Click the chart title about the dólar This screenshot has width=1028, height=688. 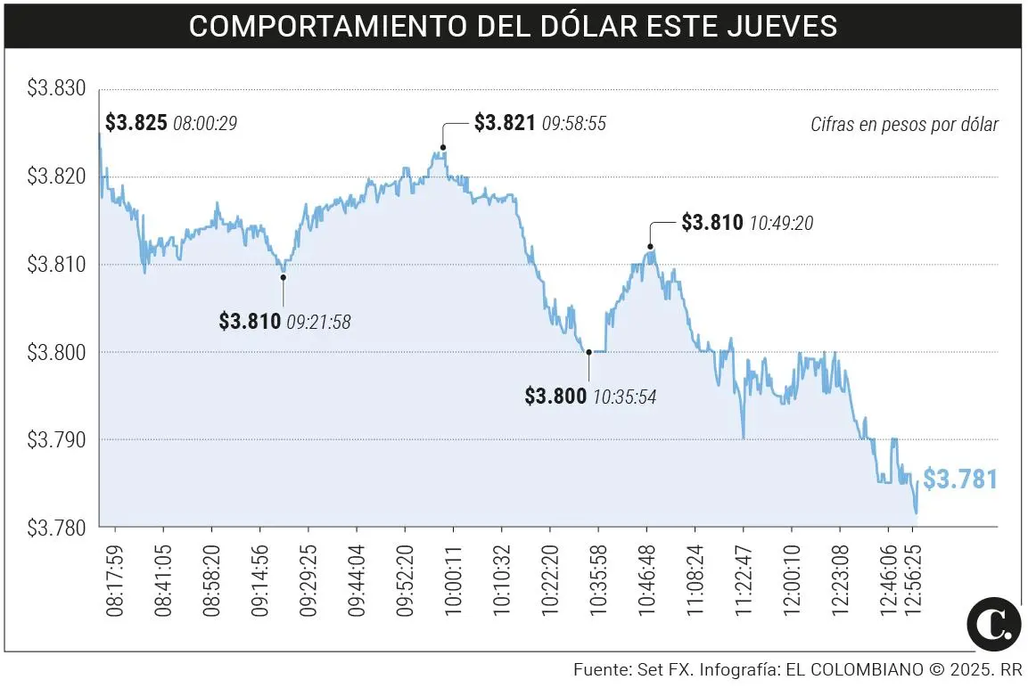pyautogui.click(x=513, y=25)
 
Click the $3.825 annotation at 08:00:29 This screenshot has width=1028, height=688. pyautogui.click(x=136, y=123)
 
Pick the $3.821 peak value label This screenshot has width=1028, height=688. pyautogui.click(x=505, y=123)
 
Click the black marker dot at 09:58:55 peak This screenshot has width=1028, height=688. pyautogui.click(x=443, y=147)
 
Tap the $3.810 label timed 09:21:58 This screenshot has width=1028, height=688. pyautogui.click(x=250, y=321)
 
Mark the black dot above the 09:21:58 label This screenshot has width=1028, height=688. pyautogui.click(x=284, y=277)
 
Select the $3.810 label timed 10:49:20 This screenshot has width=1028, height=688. pyautogui.click(x=711, y=223)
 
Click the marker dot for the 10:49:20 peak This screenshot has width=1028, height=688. pyautogui.click(x=650, y=246)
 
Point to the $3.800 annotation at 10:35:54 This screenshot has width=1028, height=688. pyautogui.click(x=555, y=396)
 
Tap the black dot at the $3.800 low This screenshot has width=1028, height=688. pyautogui.click(x=588, y=352)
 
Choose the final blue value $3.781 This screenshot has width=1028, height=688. pyautogui.click(x=959, y=479)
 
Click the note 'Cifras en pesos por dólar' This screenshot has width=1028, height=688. pyautogui.click(x=904, y=125)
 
